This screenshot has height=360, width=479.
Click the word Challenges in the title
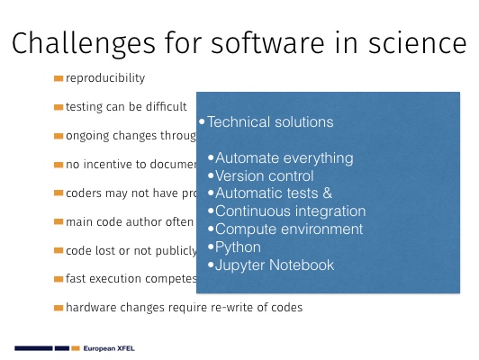84,44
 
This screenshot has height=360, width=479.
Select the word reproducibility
105,78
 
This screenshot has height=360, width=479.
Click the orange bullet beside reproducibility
59,79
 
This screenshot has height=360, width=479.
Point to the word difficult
166,106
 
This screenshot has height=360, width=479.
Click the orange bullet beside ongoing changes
59,136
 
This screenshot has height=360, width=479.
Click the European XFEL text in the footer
109,348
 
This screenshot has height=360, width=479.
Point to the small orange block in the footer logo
76,348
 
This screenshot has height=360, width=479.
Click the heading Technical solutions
270,121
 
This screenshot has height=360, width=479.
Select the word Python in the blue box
238,247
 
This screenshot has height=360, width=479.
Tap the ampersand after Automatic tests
327,193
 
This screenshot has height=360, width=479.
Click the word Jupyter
240,265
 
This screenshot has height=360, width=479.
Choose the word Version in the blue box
239,175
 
